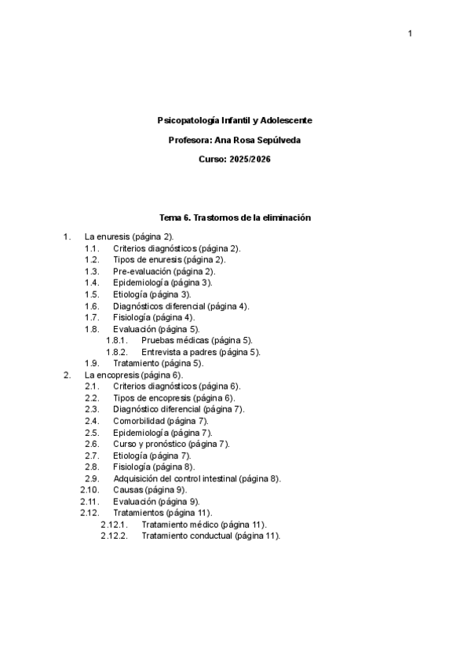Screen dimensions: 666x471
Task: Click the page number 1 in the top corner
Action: (410, 34)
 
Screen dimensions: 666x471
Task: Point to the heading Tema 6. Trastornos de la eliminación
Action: (235, 218)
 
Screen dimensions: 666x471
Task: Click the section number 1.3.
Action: (92, 271)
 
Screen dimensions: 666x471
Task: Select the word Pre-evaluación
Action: (142, 271)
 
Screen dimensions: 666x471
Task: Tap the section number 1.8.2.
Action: (117, 353)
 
